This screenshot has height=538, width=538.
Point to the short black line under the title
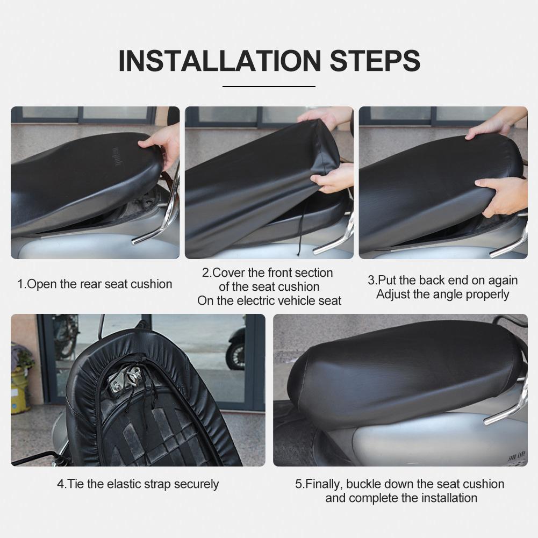pyautogui.click(x=269, y=86)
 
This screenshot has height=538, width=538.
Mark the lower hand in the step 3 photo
pyautogui.click(x=503, y=193)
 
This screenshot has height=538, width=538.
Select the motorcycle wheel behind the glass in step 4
pyautogui.click(x=235, y=355)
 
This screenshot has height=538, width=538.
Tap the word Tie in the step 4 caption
pyautogui.click(x=76, y=484)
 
